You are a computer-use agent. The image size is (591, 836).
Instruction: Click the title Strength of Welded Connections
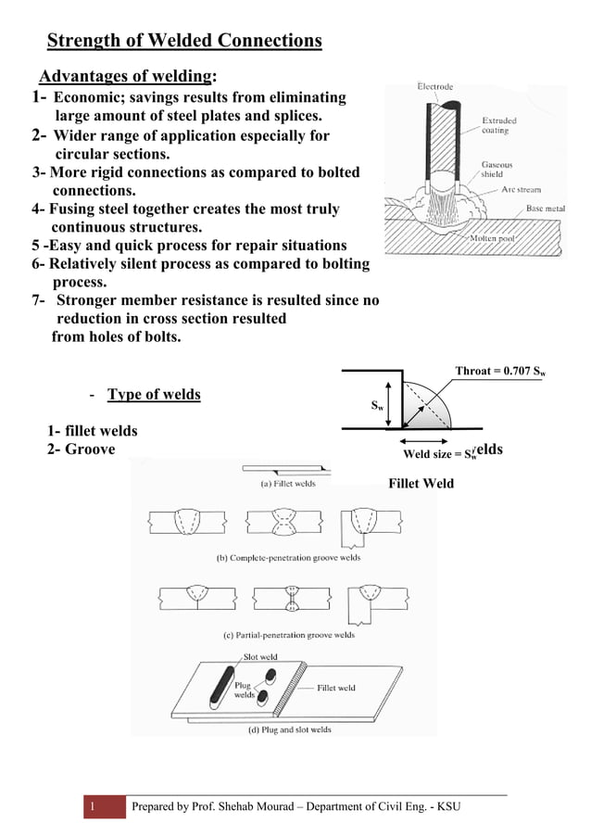click(x=184, y=41)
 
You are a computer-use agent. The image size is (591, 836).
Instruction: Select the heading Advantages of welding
click(x=127, y=75)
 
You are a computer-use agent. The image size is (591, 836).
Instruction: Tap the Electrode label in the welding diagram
click(x=434, y=87)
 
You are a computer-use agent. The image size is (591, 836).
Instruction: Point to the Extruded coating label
click(x=499, y=125)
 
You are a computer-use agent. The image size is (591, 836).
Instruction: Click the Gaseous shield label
click(x=497, y=169)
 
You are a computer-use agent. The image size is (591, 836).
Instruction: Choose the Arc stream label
click(x=522, y=189)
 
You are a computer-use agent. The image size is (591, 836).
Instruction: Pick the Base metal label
click(x=545, y=209)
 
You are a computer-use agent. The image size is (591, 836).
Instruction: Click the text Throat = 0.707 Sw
click(x=499, y=372)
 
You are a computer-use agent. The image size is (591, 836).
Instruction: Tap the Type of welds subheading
click(x=154, y=395)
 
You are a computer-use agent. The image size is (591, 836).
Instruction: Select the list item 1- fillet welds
click(x=93, y=431)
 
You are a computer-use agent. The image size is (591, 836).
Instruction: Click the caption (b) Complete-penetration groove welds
click(x=288, y=558)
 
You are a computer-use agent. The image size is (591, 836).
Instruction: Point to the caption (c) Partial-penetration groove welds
click(x=288, y=635)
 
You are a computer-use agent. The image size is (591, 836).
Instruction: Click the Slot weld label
click(x=260, y=657)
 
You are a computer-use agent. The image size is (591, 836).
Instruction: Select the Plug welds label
click(x=244, y=690)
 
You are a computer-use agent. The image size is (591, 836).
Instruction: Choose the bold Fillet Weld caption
click(x=421, y=483)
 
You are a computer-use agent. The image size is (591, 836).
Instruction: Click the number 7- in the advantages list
click(x=40, y=300)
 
